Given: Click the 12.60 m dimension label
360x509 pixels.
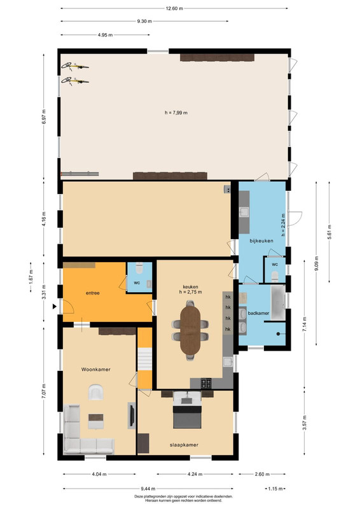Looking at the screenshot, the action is click(x=174, y=8).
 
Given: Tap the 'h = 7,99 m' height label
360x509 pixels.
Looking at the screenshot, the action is click(x=176, y=113).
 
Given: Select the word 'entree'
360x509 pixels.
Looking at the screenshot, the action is click(x=92, y=293).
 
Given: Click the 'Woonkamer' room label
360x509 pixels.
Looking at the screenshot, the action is click(x=96, y=370).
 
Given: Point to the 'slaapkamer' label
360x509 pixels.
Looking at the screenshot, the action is click(x=184, y=445).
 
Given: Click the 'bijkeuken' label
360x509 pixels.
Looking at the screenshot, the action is click(x=261, y=241).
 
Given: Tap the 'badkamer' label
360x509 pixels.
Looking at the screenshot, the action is click(x=258, y=313).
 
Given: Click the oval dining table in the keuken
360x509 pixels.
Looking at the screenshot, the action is click(x=191, y=330).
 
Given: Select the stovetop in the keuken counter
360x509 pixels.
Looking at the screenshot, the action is click(x=206, y=384).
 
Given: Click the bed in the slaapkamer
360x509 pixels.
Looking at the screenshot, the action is click(x=187, y=410).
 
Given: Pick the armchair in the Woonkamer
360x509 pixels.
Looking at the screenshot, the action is click(x=96, y=392).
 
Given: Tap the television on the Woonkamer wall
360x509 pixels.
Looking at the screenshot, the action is click(x=132, y=415).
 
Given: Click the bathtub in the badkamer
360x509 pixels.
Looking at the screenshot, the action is click(x=278, y=303).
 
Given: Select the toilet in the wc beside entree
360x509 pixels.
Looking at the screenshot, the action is click(x=139, y=268).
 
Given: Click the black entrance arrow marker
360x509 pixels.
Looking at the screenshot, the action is click(x=55, y=306).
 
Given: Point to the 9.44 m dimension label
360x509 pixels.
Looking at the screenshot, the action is click(x=148, y=488).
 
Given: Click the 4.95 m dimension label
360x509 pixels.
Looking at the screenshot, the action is click(x=105, y=35).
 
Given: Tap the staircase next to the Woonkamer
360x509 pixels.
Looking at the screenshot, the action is click(x=145, y=359).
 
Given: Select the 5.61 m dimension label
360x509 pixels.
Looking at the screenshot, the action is click(x=329, y=232).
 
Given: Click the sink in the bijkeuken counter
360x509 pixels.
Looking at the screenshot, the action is click(x=244, y=213).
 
